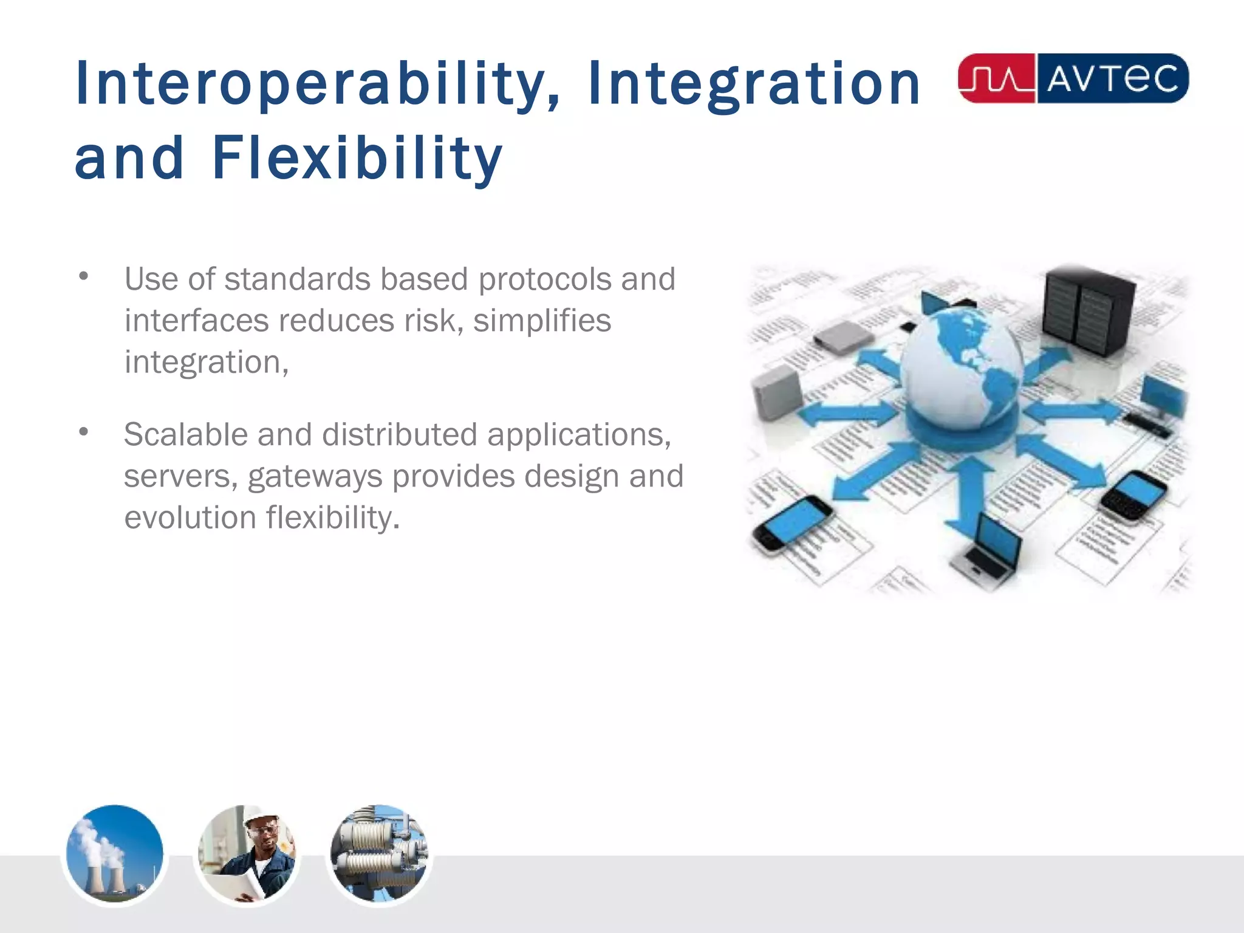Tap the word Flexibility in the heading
357,159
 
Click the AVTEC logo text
1112,79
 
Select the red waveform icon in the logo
996,79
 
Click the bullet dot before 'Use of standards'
84,276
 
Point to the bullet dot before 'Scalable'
84,432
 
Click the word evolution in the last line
190,518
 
